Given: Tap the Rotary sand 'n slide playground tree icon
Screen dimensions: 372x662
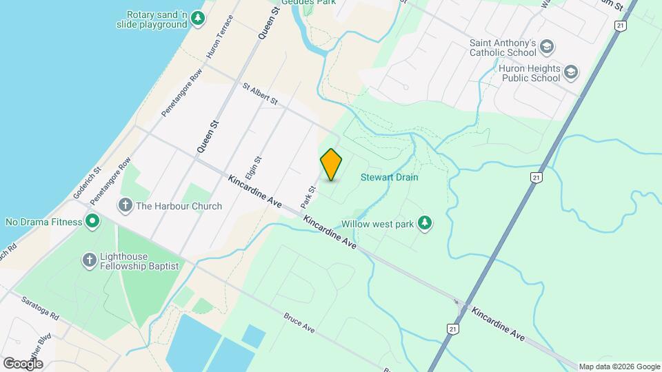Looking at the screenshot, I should pos(198,18).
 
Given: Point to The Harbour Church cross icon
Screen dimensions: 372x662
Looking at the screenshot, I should pos(125,205).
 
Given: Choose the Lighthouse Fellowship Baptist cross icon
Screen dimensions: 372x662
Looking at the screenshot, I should pos(89,260).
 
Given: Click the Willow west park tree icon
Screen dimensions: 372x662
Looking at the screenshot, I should pos(426,223).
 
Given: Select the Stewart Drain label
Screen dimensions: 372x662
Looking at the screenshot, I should pos(390,178).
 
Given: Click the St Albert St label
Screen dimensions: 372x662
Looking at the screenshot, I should pos(259,95).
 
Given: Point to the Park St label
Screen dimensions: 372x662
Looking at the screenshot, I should pos(308,197).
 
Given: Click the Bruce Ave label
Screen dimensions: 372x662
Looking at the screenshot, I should pos(299,323).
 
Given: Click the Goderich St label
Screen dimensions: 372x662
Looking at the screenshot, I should pos(88,183).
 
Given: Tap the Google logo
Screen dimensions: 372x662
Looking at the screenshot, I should pos(22,364).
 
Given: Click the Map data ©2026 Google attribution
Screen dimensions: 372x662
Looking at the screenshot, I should pos(619,366).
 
